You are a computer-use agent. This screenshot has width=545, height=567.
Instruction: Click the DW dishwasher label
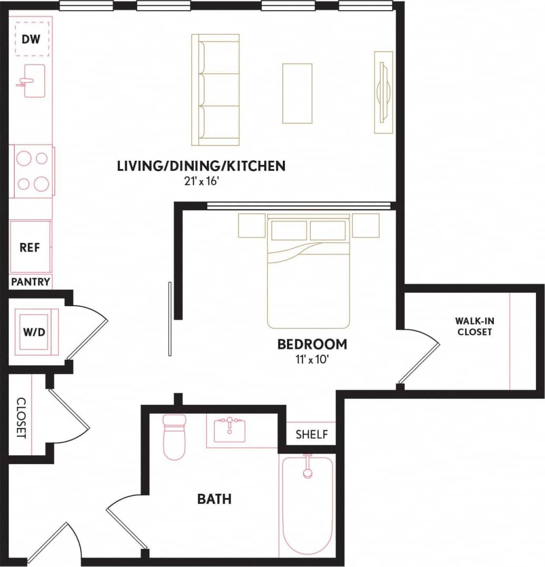click(31, 39)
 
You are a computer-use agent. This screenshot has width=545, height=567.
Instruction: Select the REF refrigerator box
click(30, 248)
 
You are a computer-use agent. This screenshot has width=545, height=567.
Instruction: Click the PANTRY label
click(31, 282)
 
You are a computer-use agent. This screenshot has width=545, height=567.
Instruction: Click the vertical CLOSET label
click(21, 417)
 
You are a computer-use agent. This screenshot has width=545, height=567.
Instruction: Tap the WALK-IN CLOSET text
click(474, 326)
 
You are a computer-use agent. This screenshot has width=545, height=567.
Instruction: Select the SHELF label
click(311, 435)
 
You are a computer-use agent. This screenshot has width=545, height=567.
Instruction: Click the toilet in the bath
click(174, 436)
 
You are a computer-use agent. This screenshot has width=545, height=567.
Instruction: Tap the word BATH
click(214, 498)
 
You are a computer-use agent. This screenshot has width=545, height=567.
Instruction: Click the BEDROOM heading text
click(312, 344)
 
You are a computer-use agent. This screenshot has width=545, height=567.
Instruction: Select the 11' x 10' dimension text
click(312, 360)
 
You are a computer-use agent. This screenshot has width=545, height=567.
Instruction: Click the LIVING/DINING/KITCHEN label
click(201, 166)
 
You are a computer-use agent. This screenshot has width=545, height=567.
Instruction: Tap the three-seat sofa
click(215, 90)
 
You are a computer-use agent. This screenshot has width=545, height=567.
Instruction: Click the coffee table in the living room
click(297, 93)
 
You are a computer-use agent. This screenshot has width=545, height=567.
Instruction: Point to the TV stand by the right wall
click(383, 92)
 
